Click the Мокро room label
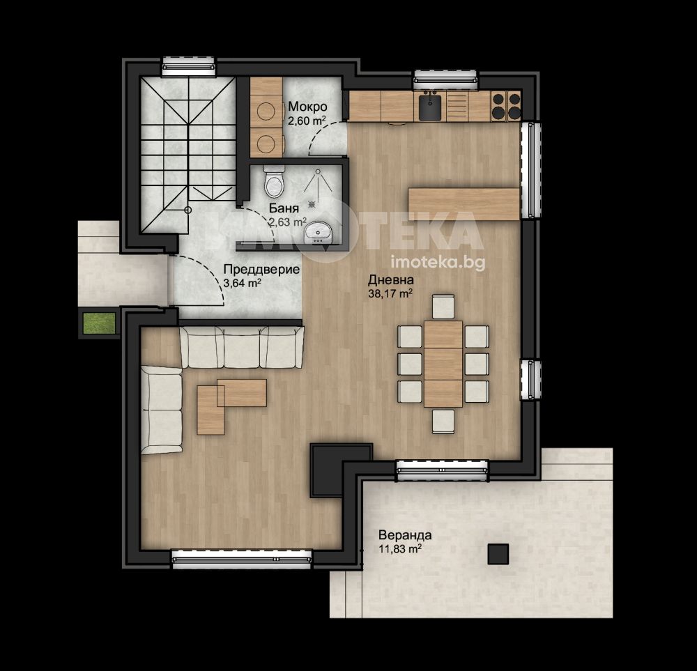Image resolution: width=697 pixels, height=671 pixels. click(307, 107)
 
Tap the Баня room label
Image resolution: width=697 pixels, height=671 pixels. click(284, 208)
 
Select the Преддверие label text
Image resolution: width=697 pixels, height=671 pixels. click(261, 270)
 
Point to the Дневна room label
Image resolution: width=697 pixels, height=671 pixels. click(391, 280)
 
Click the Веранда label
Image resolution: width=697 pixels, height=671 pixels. click(405, 535)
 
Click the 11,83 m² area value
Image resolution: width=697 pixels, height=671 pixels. click(400, 549)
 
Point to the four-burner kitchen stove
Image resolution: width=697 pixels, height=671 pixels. click(506, 106)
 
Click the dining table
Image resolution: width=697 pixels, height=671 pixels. click(443, 364)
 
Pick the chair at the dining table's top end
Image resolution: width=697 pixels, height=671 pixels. click(443, 307)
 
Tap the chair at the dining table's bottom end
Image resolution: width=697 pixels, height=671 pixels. click(443, 422)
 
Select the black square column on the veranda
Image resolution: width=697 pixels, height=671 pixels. click(498, 554)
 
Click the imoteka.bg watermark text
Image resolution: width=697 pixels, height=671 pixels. click(438, 263)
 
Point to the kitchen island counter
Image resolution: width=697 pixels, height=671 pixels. click(464, 204)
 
